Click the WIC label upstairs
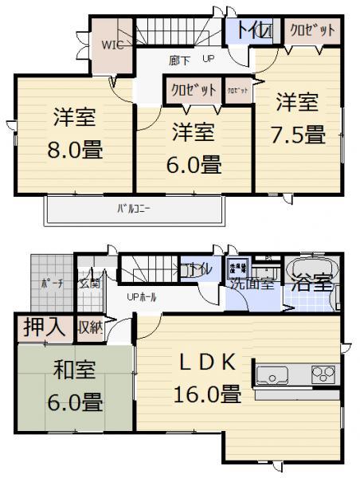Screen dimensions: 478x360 click(x=110, y=45)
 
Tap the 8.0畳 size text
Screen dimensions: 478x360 click(x=76, y=148)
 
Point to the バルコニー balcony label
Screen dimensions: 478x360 click(x=134, y=210)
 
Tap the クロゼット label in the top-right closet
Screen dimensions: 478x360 click(x=311, y=30)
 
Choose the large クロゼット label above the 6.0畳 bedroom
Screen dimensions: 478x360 click(x=192, y=91)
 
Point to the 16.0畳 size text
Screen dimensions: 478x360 click(x=207, y=394)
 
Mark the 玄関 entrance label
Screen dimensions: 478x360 click(x=88, y=283)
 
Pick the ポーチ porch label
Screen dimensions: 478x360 click(x=52, y=284)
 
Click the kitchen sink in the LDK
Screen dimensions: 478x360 click(x=271, y=374)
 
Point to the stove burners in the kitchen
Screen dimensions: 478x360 click(x=323, y=374)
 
